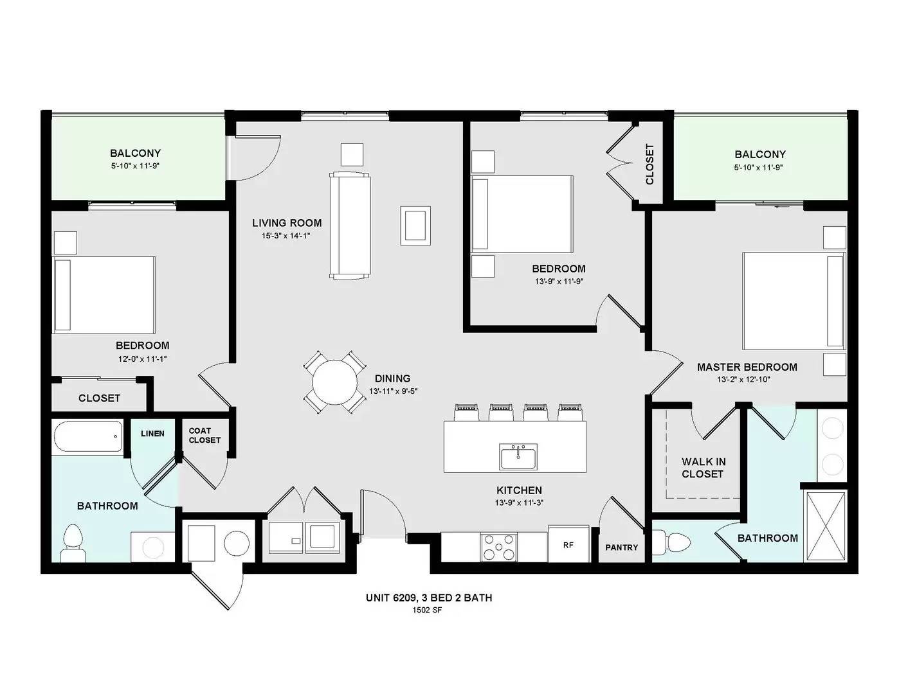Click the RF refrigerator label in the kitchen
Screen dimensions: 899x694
pos(568,545)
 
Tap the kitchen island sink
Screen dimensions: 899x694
pos(518,457)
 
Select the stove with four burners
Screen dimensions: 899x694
pos(498,547)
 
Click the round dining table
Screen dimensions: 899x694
pos(334,382)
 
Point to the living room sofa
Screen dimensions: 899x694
pos(350,226)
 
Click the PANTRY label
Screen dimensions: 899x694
pos(621,547)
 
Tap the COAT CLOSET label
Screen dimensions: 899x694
pos(204,435)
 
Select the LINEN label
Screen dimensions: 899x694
pos(152,434)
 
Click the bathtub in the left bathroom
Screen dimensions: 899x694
pos(87,436)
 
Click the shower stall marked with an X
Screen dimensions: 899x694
pos(825,526)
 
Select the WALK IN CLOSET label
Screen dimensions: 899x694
pos(704,468)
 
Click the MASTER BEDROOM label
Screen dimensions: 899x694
pos(747,367)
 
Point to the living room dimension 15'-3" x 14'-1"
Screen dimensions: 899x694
pos(286,236)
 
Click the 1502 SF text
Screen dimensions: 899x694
pos(427,610)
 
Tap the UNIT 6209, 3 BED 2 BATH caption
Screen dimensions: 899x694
pos(429,598)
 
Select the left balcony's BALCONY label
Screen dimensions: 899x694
pos(135,153)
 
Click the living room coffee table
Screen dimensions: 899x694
pos(415,226)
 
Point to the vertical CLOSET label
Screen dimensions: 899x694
pos(649,164)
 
